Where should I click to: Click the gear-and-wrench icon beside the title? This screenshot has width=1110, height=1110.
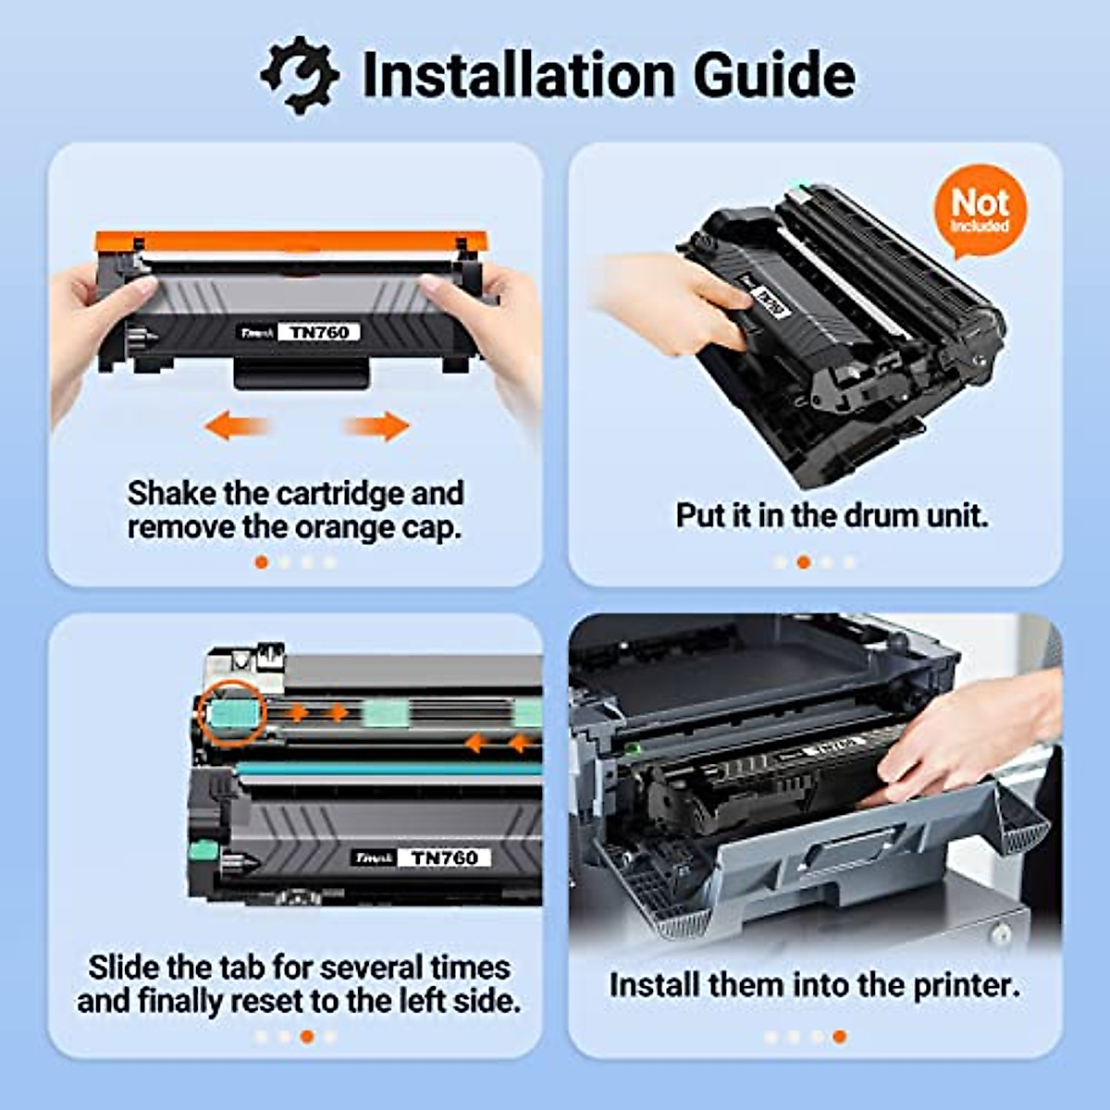(x=299, y=74)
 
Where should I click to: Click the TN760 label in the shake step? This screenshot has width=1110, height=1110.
(x=319, y=332)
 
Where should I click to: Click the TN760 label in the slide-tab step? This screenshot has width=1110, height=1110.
(x=444, y=857)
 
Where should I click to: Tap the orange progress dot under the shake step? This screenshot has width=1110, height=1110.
(x=262, y=562)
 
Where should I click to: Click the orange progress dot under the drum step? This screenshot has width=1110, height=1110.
(x=803, y=562)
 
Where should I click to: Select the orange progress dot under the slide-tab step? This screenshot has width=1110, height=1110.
(x=307, y=1037)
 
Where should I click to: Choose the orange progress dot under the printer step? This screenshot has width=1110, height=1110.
(x=839, y=1037)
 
